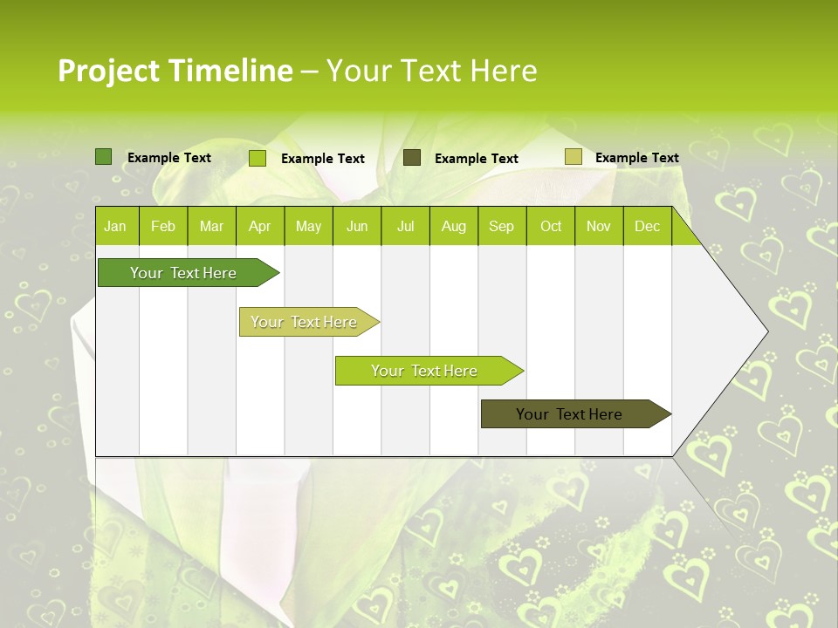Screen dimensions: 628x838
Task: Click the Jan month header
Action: [115, 227]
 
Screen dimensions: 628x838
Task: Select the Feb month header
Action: [163, 227]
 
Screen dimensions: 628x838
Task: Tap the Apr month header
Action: [259, 227]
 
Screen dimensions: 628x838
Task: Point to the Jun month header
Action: [357, 227]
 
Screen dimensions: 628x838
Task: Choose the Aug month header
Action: [453, 227]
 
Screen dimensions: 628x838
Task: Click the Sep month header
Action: [501, 227]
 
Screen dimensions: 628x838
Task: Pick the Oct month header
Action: [551, 227]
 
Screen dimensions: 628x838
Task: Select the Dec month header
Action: [647, 227]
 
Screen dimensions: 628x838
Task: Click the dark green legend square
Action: [104, 157]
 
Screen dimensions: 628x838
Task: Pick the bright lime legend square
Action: [258, 158]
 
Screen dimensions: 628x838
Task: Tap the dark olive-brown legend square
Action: [412, 158]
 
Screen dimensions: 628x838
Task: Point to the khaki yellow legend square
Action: [573, 157]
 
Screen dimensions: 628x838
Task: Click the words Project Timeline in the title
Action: [175, 71]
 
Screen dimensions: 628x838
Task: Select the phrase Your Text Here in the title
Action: [431, 71]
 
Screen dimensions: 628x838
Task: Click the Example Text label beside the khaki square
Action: [636, 158]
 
